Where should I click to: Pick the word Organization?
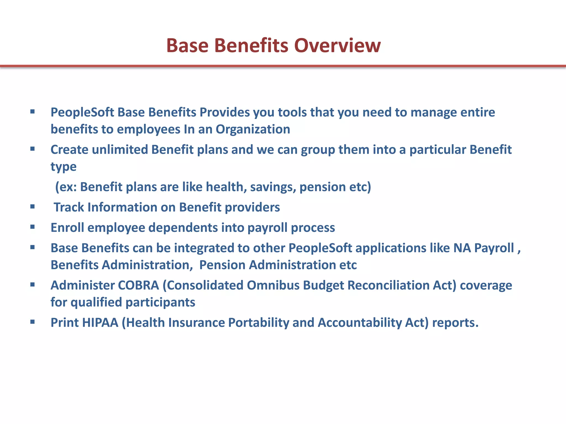click(x=253, y=129)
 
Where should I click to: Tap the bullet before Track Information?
click(x=33, y=206)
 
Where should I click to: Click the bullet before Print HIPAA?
click(x=33, y=322)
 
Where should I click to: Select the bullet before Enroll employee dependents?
click(x=33, y=227)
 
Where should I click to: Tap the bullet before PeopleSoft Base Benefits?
click(x=33, y=112)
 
